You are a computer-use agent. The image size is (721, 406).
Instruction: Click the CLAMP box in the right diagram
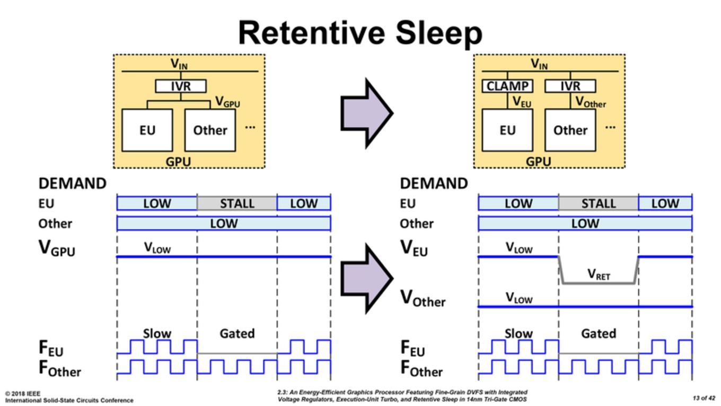point(507,86)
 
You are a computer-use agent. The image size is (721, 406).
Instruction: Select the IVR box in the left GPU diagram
point(181,86)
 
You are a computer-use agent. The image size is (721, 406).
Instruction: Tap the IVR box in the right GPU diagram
point(570,86)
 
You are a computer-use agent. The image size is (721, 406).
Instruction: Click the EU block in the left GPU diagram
point(147,130)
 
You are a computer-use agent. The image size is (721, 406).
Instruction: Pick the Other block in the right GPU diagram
point(570,130)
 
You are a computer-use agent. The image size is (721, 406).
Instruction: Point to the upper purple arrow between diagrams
point(367,114)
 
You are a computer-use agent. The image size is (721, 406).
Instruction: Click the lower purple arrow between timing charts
point(367,278)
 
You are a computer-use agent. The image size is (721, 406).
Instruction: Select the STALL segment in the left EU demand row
point(237,203)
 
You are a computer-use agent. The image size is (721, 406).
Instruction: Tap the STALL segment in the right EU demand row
point(599,203)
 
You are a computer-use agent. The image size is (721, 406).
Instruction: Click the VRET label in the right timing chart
point(599,274)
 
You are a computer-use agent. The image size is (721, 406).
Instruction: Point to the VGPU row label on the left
point(57,248)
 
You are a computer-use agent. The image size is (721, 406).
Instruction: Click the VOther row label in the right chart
point(423,298)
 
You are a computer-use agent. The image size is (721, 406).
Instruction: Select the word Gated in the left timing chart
point(237,333)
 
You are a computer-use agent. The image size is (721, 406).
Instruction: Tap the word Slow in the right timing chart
point(518,333)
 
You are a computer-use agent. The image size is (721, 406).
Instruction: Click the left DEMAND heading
point(73,183)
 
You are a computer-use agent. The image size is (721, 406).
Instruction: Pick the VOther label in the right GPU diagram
point(591,102)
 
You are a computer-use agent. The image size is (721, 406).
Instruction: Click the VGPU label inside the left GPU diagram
point(227,102)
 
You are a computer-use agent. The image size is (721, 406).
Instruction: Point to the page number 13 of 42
point(704,398)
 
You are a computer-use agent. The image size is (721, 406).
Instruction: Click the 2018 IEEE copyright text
point(22,394)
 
